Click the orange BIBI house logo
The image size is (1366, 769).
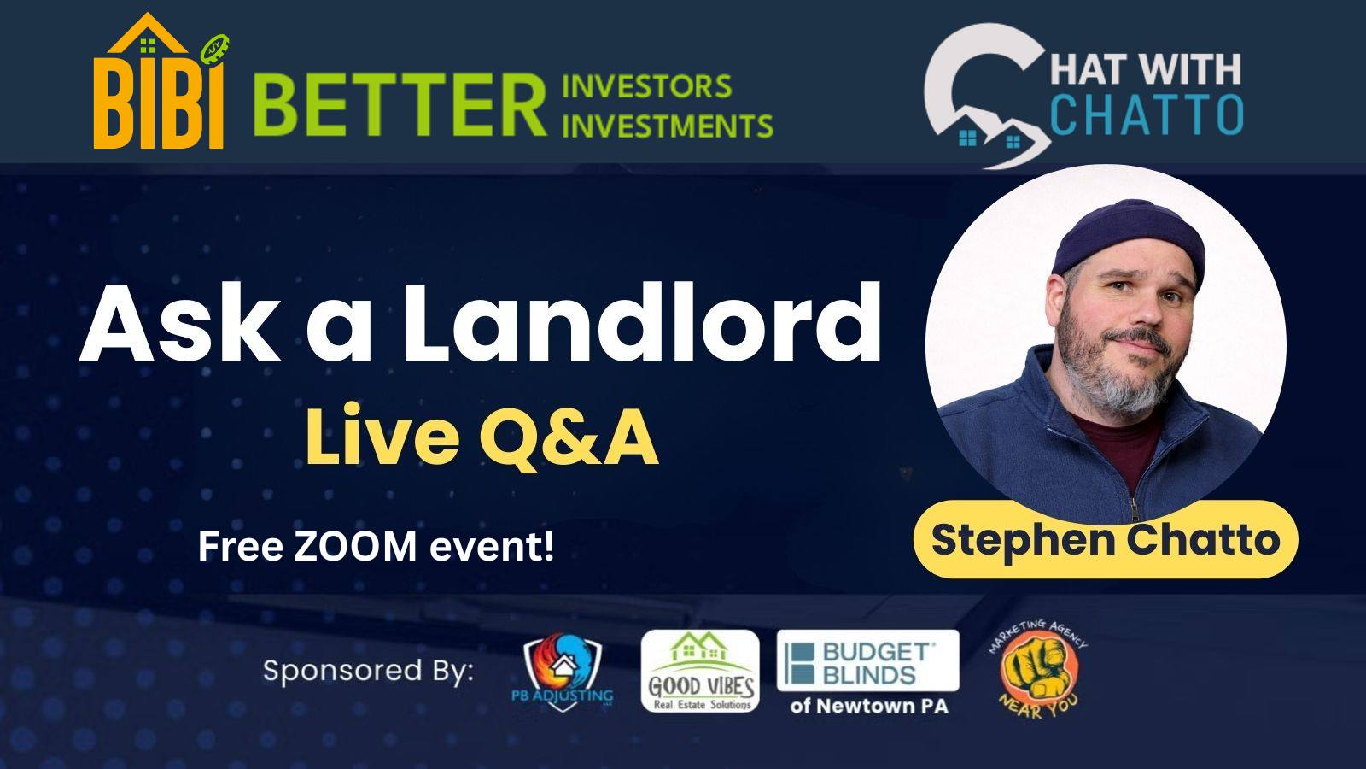click(161, 81)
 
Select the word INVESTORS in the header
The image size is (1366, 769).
click(646, 86)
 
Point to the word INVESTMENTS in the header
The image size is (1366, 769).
click(667, 126)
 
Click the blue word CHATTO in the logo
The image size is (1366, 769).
click(1147, 114)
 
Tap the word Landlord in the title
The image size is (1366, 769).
click(641, 324)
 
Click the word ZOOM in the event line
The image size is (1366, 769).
click(355, 546)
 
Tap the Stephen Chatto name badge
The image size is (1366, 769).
click(1105, 539)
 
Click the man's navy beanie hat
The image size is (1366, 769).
click(1128, 238)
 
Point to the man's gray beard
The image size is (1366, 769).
click(1115, 373)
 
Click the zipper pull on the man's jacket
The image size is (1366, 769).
click(1135, 508)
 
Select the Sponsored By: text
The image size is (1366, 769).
click(368, 671)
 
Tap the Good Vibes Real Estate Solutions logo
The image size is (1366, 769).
click(700, 671)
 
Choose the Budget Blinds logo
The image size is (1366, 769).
click(867, 661)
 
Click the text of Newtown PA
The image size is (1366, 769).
click(869, 706)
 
